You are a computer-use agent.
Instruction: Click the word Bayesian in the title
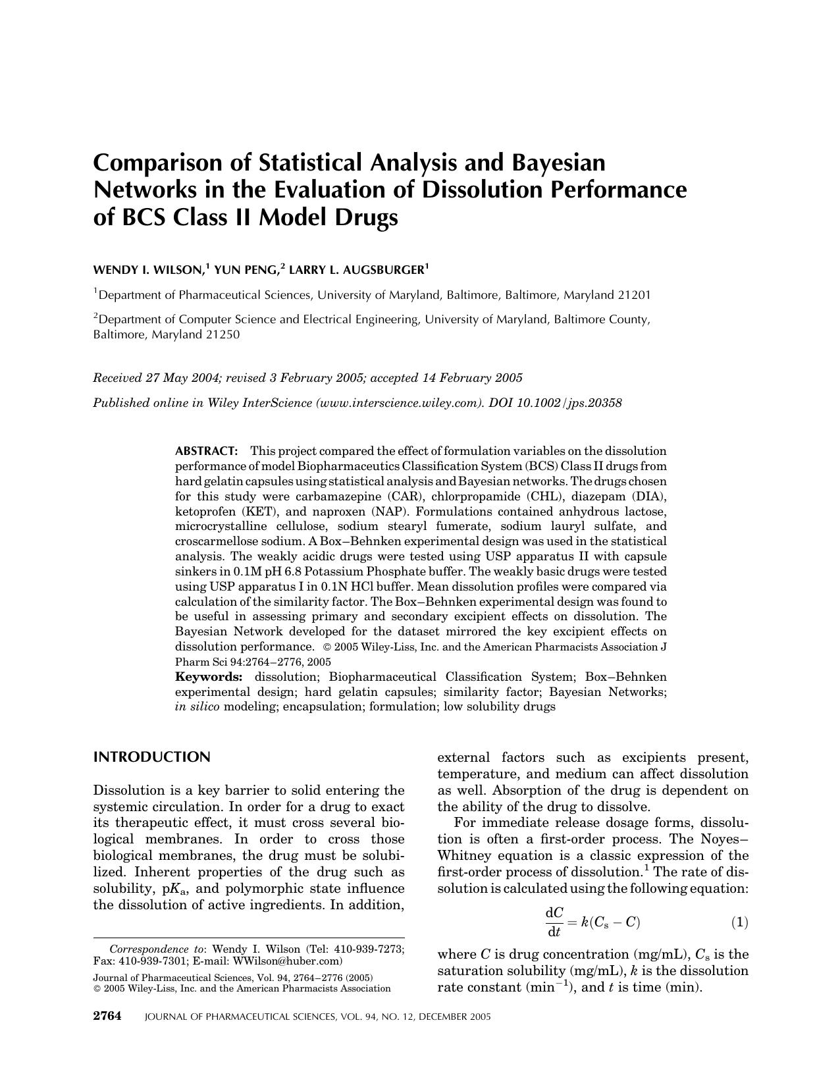pos(554,162)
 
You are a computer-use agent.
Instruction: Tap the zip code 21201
pos(634,295)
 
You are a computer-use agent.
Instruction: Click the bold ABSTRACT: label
pos(205,452)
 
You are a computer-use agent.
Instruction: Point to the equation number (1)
pos(739,922)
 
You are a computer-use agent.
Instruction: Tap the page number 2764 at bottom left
pos(107,1016)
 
